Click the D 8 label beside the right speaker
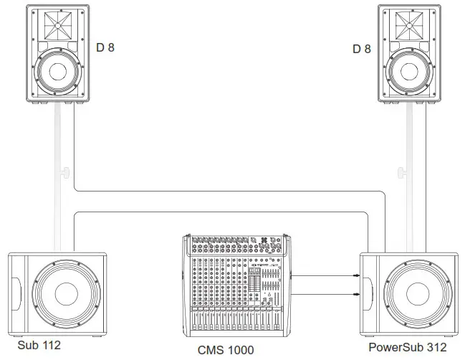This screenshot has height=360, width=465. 361,49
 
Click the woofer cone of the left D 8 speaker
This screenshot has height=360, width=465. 56,72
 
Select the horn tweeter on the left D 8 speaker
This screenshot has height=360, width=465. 56,26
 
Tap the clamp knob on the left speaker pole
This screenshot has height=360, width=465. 65,172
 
